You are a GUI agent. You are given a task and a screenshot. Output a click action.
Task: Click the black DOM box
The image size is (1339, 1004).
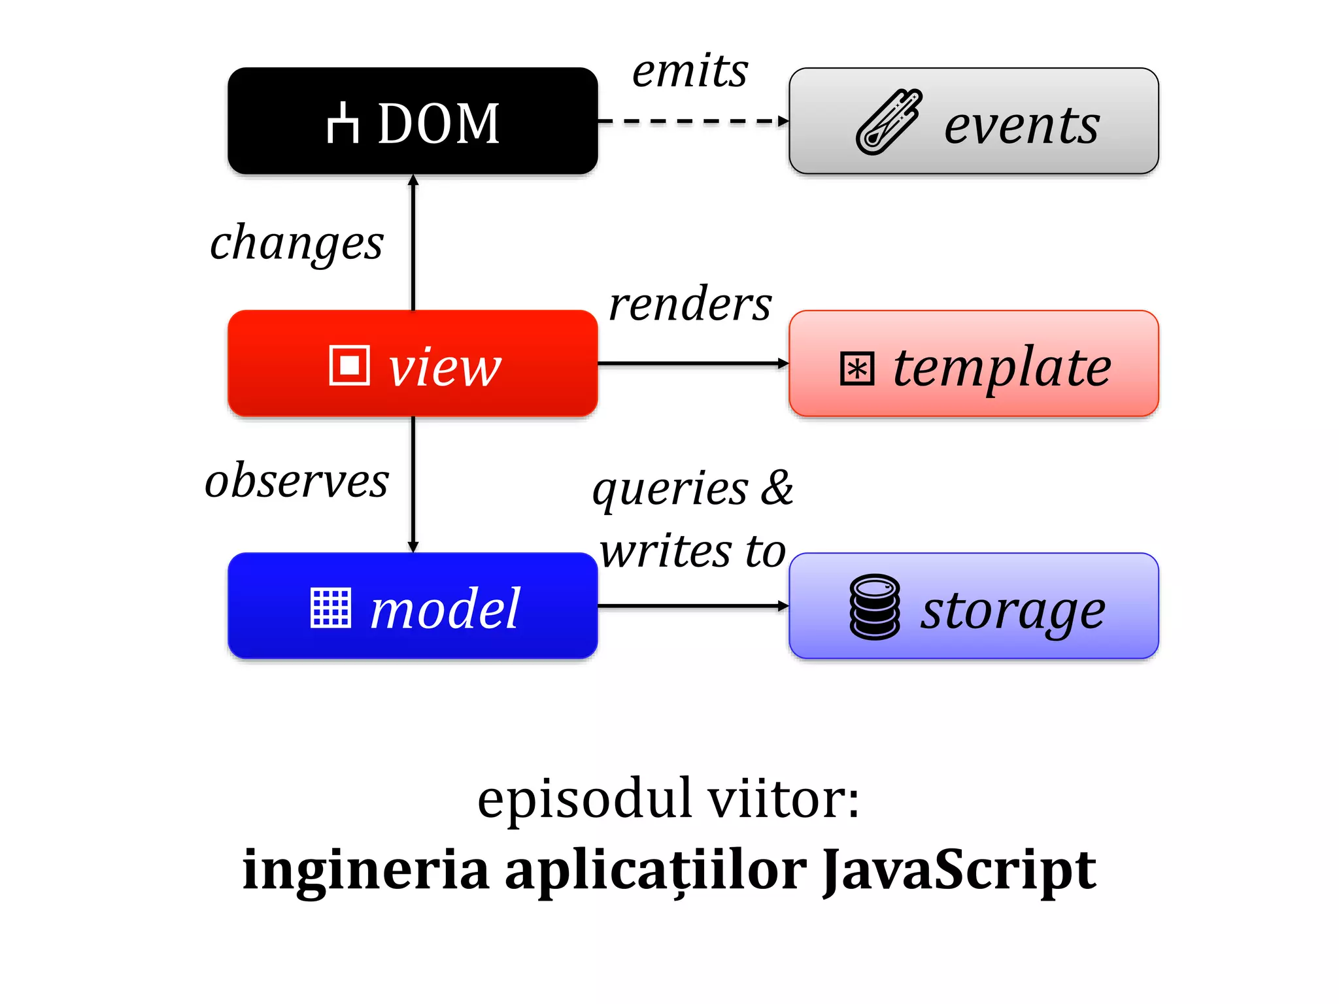tap(413, 121)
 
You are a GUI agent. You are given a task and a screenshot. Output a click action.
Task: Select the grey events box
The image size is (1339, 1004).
tap(974, 121)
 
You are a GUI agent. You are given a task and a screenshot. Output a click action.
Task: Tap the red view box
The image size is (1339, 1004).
tap(413, 363)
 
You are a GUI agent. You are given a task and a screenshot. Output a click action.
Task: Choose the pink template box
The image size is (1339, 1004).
tap(974, 363)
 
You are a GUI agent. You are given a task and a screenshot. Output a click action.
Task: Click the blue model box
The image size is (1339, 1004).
tap(413, 606)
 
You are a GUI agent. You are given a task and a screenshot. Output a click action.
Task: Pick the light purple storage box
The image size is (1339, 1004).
tap(974, 606)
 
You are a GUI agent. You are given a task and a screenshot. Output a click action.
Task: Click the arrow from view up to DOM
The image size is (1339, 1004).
tap(413, 242)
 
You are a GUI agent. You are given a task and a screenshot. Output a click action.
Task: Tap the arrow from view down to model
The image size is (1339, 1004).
tap(413, 484)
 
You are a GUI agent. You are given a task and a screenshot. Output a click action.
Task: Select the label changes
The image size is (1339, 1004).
tap(296, 243)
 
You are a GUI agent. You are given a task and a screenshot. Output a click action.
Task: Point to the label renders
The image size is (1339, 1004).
tap(690, 305)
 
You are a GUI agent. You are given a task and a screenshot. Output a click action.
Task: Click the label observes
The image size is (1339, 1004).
tap(296, 481)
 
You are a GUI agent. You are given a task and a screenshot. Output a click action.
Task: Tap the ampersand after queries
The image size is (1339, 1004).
tap(777, 488)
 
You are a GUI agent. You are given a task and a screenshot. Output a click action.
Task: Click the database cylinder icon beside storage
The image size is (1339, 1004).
tap(875, 607)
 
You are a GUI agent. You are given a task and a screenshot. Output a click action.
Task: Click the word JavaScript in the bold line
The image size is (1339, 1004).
tap(958, 871)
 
